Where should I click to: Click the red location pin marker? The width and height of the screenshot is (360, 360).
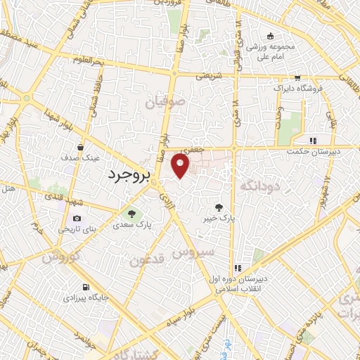[x=181, y=167]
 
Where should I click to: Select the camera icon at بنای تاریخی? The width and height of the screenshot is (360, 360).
[x=77, y=219]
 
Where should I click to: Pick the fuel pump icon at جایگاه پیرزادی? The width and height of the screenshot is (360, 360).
[x=86, y=287]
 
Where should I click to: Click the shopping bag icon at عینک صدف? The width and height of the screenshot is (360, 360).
[x=82, y=148]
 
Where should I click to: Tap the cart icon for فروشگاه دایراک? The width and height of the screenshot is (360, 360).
[x=297, y=78]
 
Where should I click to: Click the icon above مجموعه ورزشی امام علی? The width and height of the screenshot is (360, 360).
[x=270, y=37]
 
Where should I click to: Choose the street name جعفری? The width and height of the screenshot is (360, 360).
[x=191, y=149]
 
